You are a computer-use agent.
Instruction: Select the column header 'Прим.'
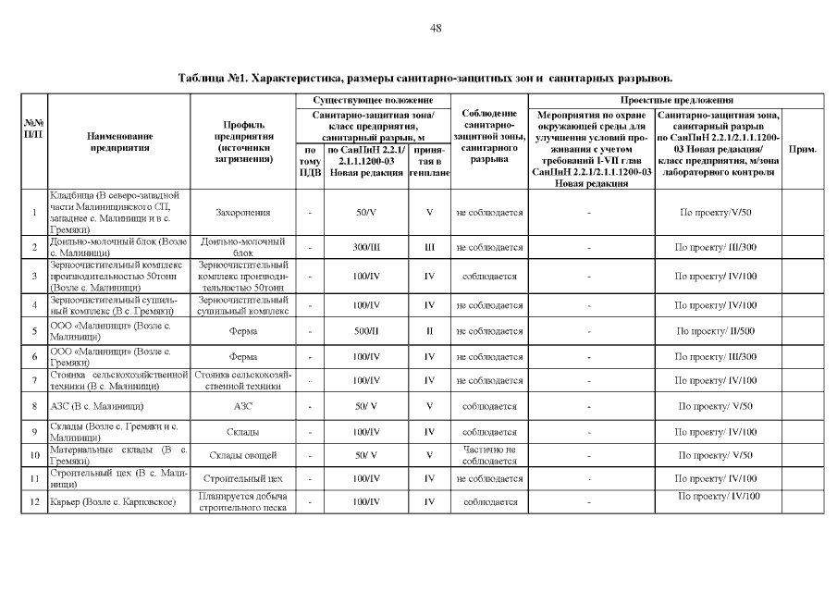click(x=800, y=148)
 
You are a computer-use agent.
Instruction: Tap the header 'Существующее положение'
click(x=373, y=99)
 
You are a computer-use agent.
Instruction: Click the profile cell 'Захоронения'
click(x=242, y=213)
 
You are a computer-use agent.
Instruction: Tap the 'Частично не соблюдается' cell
click(x=489, y=455)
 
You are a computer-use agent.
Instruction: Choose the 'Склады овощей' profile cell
click(x=242, y=455)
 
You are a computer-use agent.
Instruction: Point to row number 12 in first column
click(x=33, y=502)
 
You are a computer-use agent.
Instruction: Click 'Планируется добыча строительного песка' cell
click(x=242, y=502)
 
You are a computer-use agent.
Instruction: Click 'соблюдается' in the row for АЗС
click(x=489, y=406)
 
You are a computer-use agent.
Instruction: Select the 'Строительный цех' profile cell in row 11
click(x=242, y=478)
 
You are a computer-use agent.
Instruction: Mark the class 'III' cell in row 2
click(x=429, y=248)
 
